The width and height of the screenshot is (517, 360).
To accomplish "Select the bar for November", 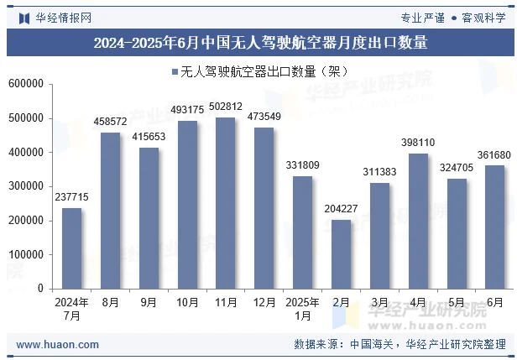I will click(226, 202).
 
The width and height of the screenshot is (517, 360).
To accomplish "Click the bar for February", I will click(341, 253).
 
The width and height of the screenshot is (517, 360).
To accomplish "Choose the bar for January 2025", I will click(302, 232).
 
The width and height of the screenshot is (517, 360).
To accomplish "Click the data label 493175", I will click(187, 110).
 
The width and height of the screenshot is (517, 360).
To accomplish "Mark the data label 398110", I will click(418, 143).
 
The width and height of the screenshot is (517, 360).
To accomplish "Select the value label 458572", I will click(110, 122).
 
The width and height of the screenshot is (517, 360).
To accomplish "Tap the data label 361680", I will click(495, 155).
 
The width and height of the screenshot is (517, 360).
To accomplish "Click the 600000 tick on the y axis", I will click(26, 84).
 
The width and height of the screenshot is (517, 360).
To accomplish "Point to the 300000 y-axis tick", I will click(26, 186).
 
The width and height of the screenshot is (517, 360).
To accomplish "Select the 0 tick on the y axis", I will click(39, 289).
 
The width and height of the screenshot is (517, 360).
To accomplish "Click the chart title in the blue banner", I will click(259, 43).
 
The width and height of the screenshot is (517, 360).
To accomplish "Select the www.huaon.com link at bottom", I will click(58, 344).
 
